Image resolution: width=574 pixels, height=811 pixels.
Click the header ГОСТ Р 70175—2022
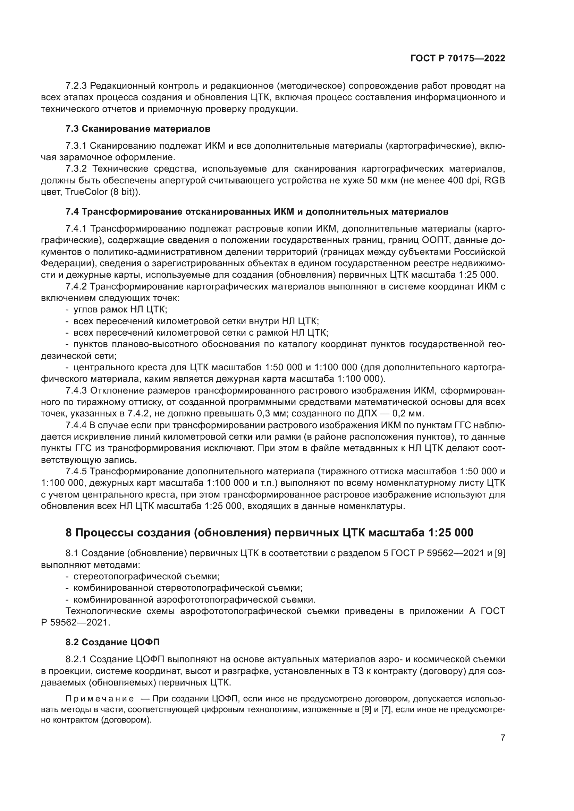(458, 58)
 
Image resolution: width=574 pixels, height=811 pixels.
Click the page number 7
(503, 737)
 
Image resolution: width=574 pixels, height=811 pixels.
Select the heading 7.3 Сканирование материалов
(138, 129)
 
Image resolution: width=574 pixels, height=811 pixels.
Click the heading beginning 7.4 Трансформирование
(256, 212)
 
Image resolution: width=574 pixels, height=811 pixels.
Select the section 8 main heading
(269, 532)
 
